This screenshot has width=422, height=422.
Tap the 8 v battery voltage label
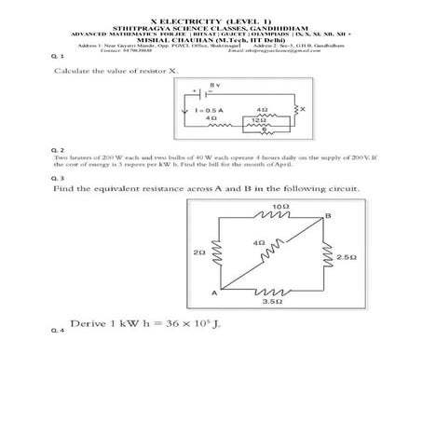point(215,85)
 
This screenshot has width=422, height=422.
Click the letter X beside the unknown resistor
point(302,110)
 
